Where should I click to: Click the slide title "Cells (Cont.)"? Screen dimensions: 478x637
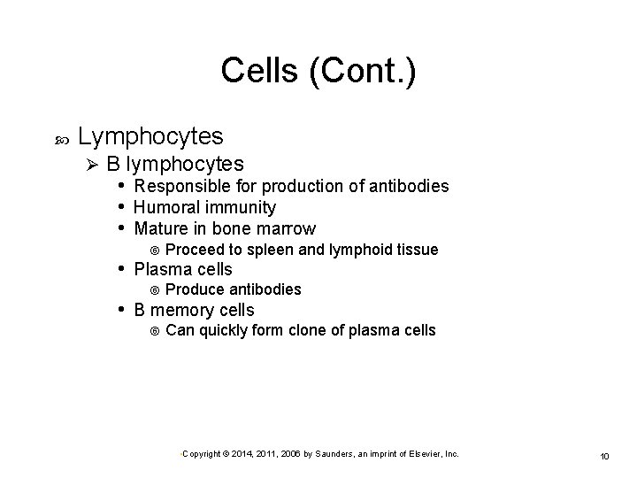(318, 71)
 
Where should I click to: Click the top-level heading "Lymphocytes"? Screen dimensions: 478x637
(150, 137)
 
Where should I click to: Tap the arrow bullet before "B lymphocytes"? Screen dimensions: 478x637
(87, 164)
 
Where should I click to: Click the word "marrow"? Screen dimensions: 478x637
(286, 229)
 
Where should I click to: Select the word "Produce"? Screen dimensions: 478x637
(196, 289)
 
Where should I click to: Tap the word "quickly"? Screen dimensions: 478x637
(226, 331)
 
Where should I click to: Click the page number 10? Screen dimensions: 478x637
(605, 456)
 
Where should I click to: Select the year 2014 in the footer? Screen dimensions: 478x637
(240, 454)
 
